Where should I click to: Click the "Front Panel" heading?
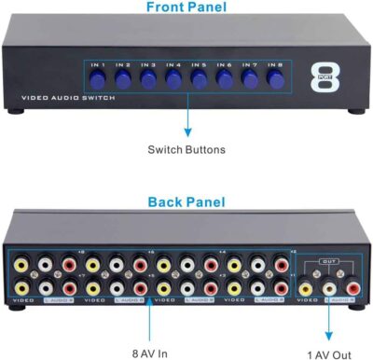187,8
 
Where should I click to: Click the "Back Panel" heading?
187,202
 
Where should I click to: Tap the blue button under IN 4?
173,81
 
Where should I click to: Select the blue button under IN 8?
274,81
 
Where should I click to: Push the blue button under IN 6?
224,81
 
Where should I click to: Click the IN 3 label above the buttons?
148,66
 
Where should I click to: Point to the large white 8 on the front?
325,78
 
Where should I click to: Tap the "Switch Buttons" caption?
187,149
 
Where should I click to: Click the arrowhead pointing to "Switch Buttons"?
187,132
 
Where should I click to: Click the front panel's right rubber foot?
356,111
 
